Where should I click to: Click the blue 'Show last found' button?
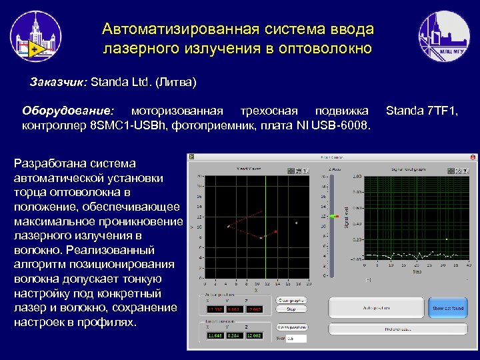[448, 308]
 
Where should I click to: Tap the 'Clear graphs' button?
[291, 300]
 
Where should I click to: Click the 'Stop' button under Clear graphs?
[291, 309]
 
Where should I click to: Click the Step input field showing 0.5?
[295, 339]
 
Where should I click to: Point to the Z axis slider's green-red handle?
[333, 217]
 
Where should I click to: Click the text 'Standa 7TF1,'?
[422, 109]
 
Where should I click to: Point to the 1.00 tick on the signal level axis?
[358, 177]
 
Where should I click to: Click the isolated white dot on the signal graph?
[447, 239]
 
